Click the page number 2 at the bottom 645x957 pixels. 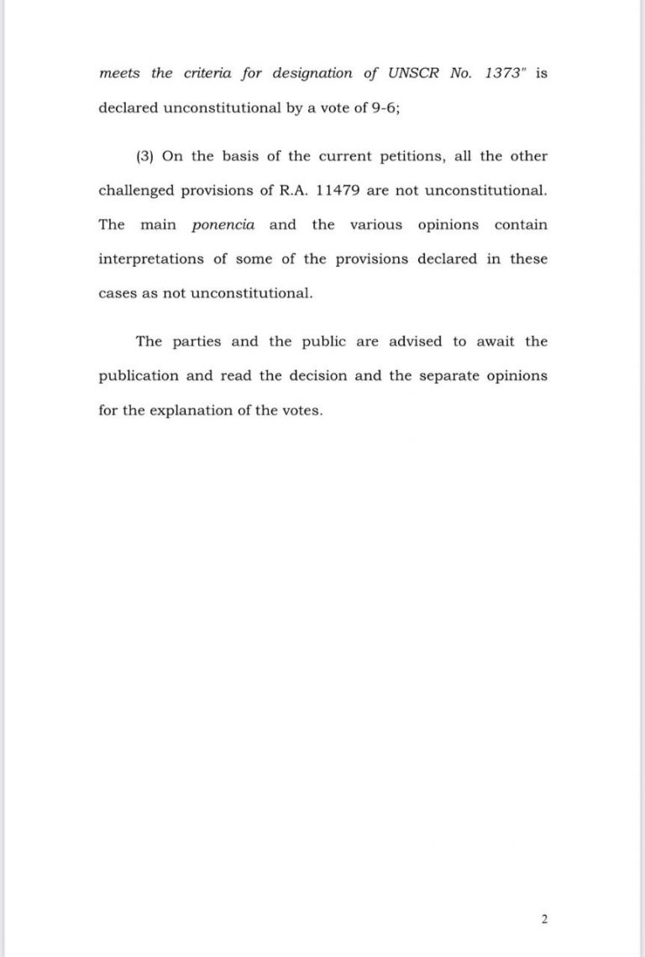click(544, 919)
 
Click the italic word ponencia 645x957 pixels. click(223, 225)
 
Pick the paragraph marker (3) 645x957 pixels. click(144, 157)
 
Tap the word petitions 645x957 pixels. click(393, 157)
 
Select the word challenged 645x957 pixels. click(137, 191)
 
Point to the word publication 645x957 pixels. click(139, 376)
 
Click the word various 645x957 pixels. click(376, 225)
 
